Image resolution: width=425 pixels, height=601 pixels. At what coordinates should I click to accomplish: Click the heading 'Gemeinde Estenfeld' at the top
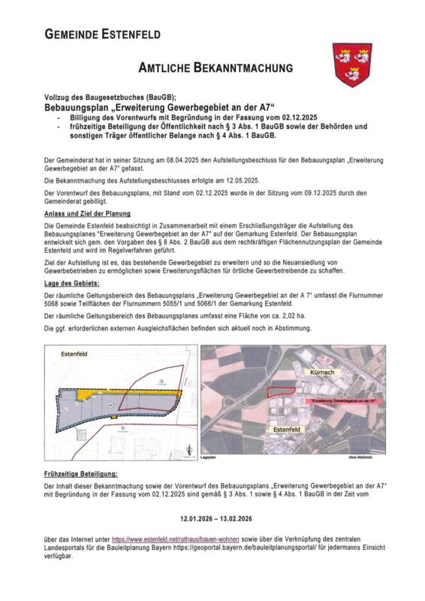103,34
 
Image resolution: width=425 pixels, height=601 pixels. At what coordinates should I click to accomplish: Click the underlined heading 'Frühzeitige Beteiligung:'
81,475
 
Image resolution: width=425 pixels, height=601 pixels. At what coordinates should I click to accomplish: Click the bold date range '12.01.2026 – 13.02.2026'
216,518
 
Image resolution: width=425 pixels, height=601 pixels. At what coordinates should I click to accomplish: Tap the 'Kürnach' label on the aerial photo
325,372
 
